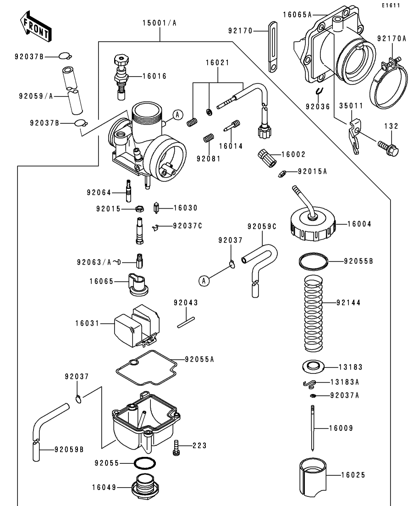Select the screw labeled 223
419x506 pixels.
tap(176, 447)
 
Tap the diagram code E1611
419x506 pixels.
tap(391, 6)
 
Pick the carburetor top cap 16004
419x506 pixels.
tap(312, 225)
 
